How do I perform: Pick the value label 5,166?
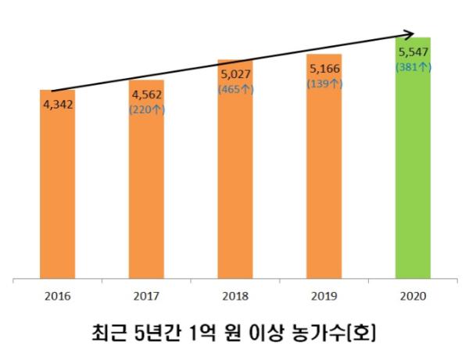click(324, 70)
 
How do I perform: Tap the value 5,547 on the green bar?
click(413, 54)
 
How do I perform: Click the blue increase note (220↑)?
click(146, 110)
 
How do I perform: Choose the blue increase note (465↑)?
click(235, 89)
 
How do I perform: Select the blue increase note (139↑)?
click(324, 83)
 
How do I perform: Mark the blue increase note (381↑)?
click(413, 66)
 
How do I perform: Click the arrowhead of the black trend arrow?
click(409, 34)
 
